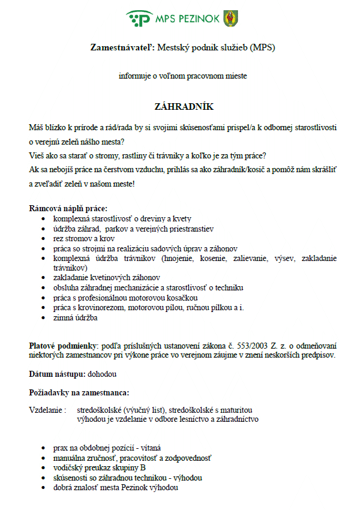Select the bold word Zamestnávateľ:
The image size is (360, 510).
point(122,47)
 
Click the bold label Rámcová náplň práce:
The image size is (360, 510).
point(68,209)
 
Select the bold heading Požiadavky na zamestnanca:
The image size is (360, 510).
point(79,392)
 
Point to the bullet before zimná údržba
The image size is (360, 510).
point(42,319)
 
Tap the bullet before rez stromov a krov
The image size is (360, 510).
point(42,238)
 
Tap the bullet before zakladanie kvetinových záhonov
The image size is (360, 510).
point(42,278)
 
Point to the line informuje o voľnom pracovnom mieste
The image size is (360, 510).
point(182,76)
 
